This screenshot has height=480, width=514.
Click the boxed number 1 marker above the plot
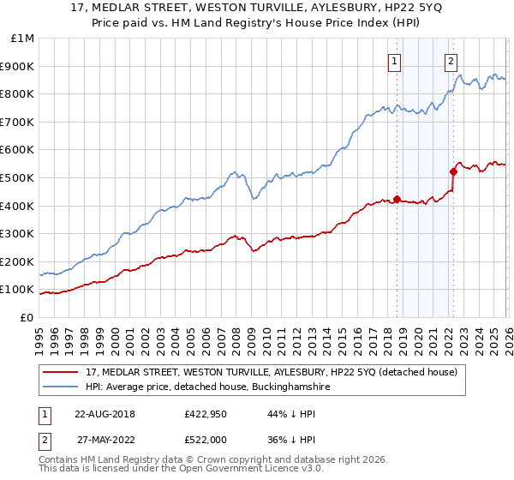[x=394, y=61]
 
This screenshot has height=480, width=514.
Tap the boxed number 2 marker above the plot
[x=451, y=61]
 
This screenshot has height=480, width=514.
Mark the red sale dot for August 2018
[x=397, y=199]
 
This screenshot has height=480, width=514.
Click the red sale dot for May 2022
[x=453, y=171]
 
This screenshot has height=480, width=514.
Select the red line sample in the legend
[x=62, y=372]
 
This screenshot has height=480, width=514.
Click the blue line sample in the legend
[x=62, y=387]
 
